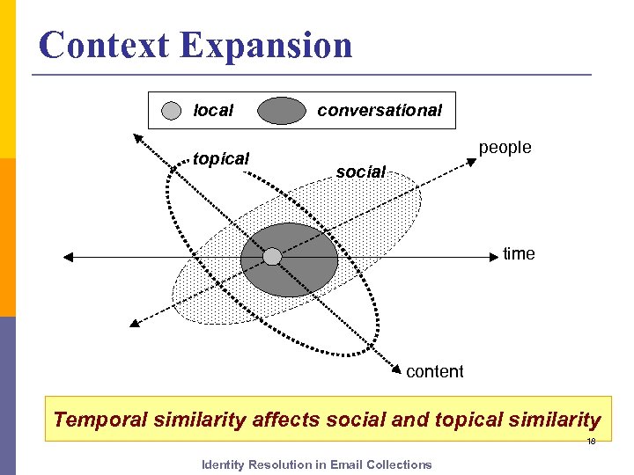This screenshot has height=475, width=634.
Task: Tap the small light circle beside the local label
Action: pos(173,111)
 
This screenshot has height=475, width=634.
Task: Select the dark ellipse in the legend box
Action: pos(281,111)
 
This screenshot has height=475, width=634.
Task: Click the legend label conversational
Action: pos(379,111)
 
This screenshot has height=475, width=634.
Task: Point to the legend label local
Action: pos(213,111)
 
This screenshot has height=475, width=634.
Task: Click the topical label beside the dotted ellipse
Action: pos(221,159)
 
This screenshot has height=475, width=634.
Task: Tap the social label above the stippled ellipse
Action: pos(360,172)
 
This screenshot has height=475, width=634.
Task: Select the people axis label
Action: pos(505,148)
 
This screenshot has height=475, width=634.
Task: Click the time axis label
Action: pos(519,254)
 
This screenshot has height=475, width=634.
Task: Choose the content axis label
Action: pos(434,371)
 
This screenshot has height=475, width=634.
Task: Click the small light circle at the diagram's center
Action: pos(273,256)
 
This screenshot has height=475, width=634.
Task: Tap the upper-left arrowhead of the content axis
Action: pos(137,137)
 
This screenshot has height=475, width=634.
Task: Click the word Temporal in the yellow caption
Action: pos(97,420)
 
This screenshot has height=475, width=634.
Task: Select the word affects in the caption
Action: pos(286,420)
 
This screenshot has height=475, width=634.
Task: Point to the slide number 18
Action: pos(591,442)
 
